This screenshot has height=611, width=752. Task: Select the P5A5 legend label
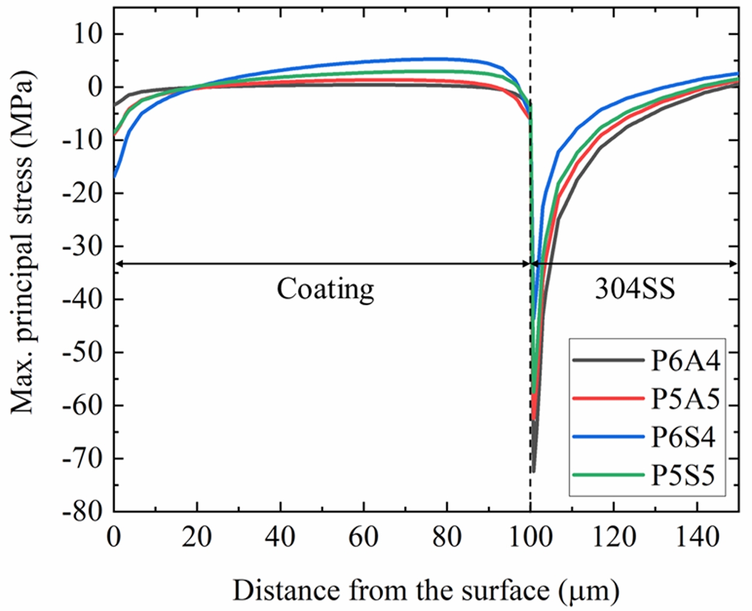coord(685,399)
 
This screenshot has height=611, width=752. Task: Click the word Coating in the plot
coord(325,289)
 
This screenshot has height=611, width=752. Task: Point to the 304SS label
coord(634,289)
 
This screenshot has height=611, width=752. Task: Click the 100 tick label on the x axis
coord(531,538)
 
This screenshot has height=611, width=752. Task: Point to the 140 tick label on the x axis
coord(697,538)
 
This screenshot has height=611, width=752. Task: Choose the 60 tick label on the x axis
coord(363,538)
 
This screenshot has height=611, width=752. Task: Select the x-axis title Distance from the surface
coord(426,591)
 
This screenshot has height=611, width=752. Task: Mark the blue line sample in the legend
coord(608,437)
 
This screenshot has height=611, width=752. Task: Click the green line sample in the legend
coord(608,476)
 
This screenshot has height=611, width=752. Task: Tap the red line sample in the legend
coord(608,399)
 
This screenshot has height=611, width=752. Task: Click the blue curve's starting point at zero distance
coord(114,176)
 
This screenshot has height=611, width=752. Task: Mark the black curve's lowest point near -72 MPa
coord(533,471)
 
